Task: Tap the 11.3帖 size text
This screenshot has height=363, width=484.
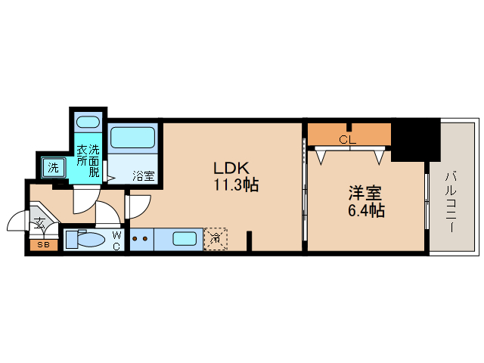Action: pos(236,185)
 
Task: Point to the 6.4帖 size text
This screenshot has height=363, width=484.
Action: pos(366,210)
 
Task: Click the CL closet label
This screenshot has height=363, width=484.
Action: pos(347,140)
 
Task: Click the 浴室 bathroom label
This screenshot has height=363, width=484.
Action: pos(144,175)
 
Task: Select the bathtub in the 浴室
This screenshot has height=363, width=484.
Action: pos(132,138)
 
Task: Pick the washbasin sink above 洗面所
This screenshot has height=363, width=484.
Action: pos(88,121)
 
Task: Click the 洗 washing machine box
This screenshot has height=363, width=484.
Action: pos(52,166)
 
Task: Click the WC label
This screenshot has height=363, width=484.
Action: pos(117,240)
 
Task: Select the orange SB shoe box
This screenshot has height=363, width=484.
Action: pos(43,244)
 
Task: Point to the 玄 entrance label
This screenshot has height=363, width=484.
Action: pos(39,223)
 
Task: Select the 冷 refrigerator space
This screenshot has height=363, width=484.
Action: pos(216,239)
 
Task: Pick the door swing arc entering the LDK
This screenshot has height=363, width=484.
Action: pos(140,205)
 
